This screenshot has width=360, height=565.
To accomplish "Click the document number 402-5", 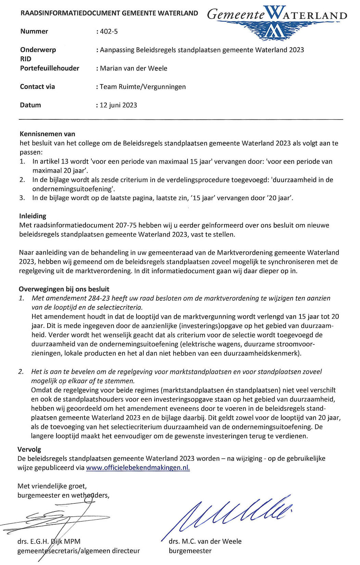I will click(108, 31).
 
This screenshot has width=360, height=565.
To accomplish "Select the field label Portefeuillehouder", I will click(50, 68).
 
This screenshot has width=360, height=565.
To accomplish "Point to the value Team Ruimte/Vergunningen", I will click(143, 87).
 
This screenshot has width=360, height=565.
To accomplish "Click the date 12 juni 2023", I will click(118, 105).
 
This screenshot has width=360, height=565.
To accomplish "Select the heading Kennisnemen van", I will click(47, 134).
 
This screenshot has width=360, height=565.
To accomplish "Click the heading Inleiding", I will click(33, 216).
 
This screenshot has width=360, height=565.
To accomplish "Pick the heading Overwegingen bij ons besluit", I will click(64, 289).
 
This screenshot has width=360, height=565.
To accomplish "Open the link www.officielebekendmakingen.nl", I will click(138, 468).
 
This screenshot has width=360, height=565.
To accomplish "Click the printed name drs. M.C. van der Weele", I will click(205, 541).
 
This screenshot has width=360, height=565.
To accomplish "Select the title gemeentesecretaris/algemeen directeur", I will click(79, 551).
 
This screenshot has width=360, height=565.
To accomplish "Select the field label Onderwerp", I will click(38, 50).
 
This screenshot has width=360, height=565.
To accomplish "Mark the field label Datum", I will click(30, 105).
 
